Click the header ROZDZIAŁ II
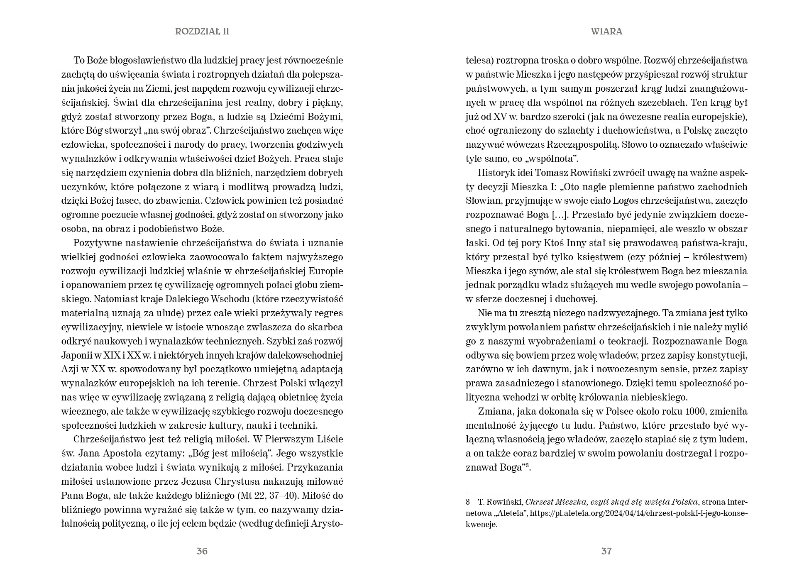tap(202, 32)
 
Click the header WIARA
tap(606, 32)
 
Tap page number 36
tap(202, 551)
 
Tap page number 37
tap(606, 551)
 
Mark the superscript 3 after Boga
tap(527, 465)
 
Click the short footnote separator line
tap(496, 491)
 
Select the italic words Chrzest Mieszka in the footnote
tap(552, 501)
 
